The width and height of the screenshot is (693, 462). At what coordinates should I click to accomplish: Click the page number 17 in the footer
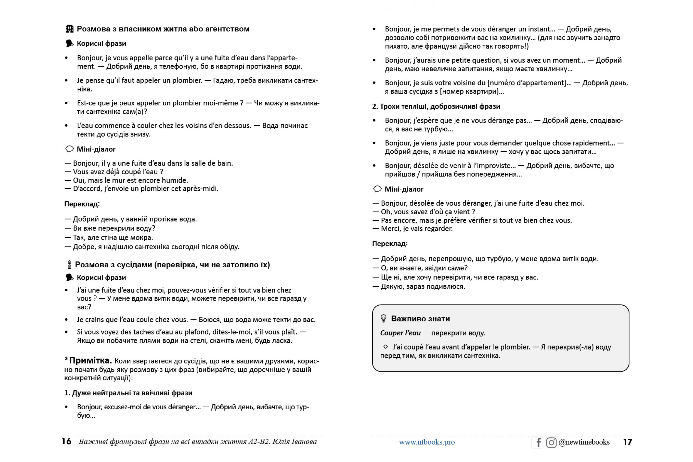tap(628, 442)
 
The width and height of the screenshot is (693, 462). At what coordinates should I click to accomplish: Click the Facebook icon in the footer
tap(538, 442)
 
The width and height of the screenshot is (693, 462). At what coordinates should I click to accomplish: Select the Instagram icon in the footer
tap(551, 442)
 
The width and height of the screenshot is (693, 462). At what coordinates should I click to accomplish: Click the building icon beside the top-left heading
tap(70, 29)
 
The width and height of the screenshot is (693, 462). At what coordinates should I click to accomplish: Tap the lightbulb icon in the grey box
tap(383, 319)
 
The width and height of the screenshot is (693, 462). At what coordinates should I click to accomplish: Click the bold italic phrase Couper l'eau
tap(400, 333)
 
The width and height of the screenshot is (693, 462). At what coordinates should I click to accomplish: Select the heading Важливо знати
tap(420, 319)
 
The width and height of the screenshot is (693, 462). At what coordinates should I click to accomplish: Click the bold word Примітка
tap(90, 360)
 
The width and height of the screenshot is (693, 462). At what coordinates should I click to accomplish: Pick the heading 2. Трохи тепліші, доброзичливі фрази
tap(436, 106)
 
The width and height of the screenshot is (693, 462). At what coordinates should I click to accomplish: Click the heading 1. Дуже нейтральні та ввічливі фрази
tap(128, 393)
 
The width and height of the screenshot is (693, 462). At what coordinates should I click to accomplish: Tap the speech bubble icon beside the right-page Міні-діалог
tap(377, 189)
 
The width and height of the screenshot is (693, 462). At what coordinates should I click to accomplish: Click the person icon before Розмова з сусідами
tap(69, 264)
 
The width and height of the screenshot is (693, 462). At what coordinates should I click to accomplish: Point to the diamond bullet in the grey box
tap(385, 346)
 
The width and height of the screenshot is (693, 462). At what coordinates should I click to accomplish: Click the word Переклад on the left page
tap(82, 204)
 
